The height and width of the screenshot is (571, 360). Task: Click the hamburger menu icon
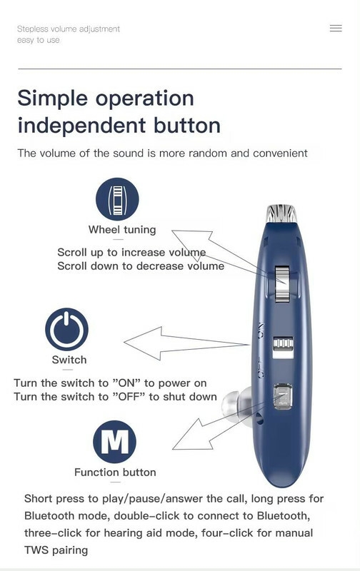pyautogui.click(x=336, y=28)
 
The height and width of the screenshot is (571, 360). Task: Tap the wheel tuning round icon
pyautogui.click(x=117, y=199)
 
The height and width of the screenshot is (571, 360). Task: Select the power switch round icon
pyautogui.click(x=66, y=329)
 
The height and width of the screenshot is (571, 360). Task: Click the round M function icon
pyautogui.click(x=114, y=442)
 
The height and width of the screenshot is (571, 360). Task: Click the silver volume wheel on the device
pyautogui.click(x=282, y=283)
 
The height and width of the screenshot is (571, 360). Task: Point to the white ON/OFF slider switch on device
pyautogui.click(x=283, y=347)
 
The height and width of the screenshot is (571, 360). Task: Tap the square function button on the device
pyautogui.click(x=283, y=396)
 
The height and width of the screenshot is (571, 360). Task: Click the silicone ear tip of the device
pyautogui.click(x=232, y=405)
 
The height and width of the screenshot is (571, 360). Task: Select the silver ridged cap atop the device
pyautogui.click(x=281, y=213)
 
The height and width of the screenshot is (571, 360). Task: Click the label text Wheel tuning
pyautogui.click(x=122, y=230)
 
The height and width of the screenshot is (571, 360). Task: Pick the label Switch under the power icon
pyautogui.click(x=69, y=360)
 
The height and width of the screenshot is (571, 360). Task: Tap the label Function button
pyautogui.click(x=115, y=473)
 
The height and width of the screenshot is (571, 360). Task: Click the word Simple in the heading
pyautogui.click(x=52, y=98)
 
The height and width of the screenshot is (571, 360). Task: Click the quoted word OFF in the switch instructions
pyautogui.click(x=129, y=397)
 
